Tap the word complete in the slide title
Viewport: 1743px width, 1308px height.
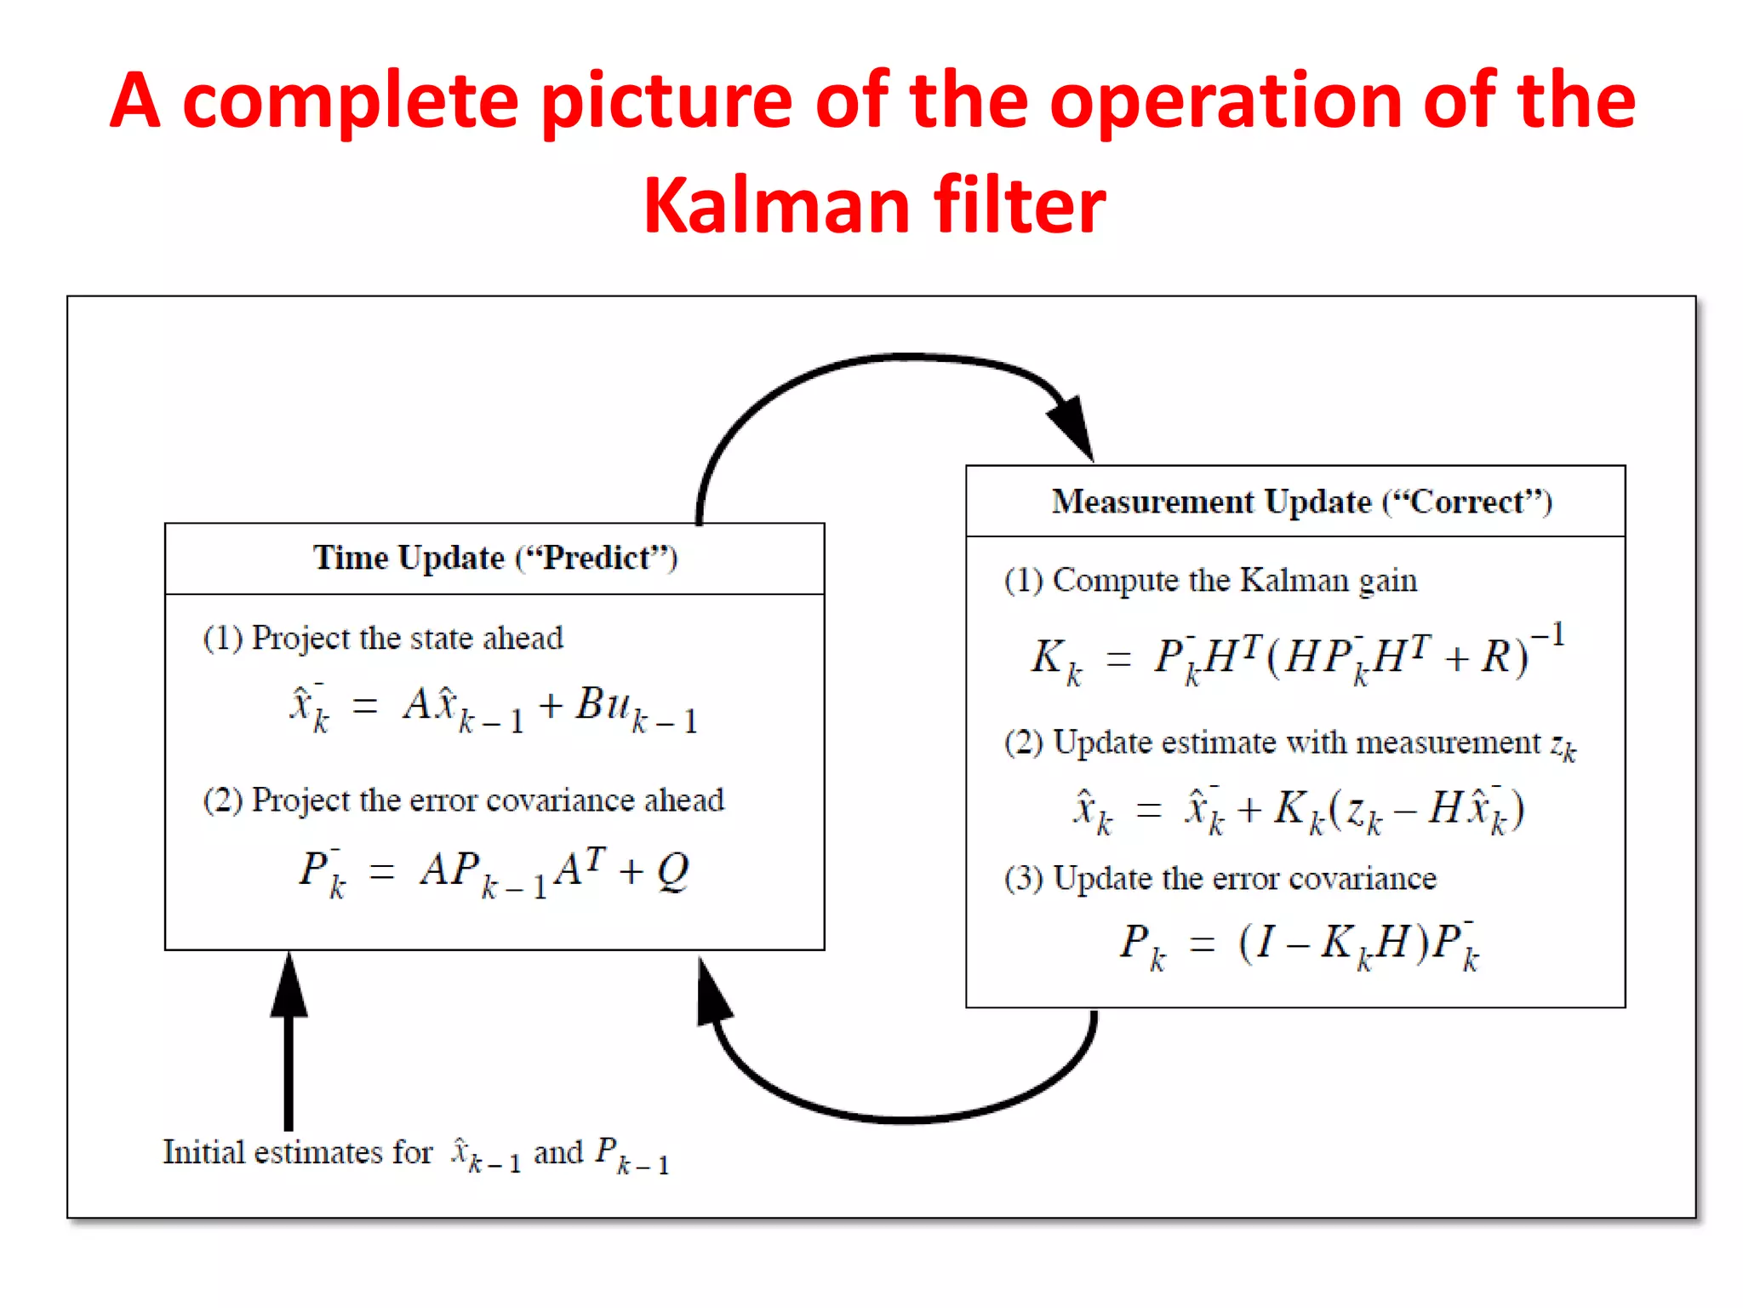[x=351, y=102]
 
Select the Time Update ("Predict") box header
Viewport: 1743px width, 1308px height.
[x=494, y=559]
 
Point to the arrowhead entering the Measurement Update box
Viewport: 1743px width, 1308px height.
[x=1073, y=425]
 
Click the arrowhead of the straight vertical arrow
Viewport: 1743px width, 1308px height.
[x=289, y=988]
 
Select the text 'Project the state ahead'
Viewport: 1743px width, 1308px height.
[x=407, y=638]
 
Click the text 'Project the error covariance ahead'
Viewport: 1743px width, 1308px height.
[x=488, y=800]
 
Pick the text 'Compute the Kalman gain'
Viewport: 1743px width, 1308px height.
[x=1234, y=580]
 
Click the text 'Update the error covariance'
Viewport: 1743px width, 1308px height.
[x=1244, y=878]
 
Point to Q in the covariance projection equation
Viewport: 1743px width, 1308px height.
[x=673, y=870]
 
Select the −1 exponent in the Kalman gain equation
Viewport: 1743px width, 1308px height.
[x=1548, y=635]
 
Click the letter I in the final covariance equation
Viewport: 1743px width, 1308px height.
[x=1267, y=942]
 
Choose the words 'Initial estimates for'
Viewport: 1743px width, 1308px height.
[x=298, y=1152]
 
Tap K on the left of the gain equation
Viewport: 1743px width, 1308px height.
[x=1048, y=657]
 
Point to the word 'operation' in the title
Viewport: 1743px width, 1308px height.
[x=1226, y=102]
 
